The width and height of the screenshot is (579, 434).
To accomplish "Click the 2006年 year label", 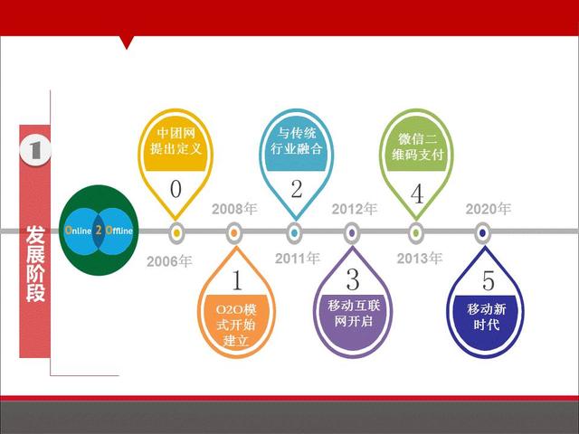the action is coord(169,261).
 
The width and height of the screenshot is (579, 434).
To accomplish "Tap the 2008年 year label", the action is coord(234,209).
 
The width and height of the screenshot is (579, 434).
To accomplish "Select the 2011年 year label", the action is coord(298,259).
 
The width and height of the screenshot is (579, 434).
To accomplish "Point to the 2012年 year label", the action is coord(354,209).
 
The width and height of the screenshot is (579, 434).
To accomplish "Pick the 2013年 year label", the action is coord(420,259).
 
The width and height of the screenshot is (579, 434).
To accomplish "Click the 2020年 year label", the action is coord(489,209).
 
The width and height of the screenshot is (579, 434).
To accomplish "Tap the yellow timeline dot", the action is coord(176,233).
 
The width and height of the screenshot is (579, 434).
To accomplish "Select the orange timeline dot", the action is coord(233,233).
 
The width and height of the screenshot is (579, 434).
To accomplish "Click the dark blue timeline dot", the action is coord(482,233).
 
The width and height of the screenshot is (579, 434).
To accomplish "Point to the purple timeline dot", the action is coord(352,233).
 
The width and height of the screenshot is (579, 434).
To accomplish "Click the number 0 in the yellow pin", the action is coord(176,189).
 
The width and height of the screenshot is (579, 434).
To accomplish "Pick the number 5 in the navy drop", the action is coord(489,281).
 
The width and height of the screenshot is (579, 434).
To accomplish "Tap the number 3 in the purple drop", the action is coord(353,279).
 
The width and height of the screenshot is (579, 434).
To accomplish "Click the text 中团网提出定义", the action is coord(176,141).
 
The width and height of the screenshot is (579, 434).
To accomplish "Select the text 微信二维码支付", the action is coord(417,146).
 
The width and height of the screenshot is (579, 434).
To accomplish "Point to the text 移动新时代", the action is coord(487,316).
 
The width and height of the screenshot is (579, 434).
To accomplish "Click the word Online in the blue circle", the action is coord(79,231).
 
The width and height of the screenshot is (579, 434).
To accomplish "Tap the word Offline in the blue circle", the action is coord(119,231).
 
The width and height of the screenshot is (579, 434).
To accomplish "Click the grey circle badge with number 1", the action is coord(35,150).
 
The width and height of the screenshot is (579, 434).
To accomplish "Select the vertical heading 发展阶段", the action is coord(35,264).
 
